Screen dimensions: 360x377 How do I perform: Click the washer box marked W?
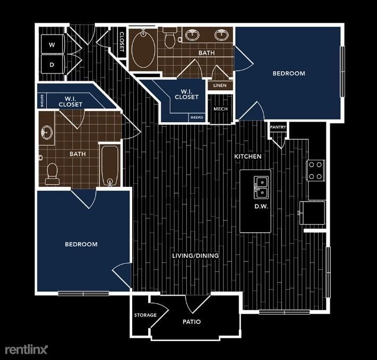[52, 45]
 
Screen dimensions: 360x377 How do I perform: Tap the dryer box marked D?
[52, 64]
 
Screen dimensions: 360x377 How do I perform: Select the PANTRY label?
[278, 127]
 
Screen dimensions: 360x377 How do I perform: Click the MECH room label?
[220, 109]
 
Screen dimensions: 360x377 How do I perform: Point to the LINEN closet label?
[220, 85]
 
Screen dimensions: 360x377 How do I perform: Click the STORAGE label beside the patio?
[145, 315]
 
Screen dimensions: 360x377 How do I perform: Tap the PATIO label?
[191, 322]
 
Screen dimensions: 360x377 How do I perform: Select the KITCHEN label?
[249, 157]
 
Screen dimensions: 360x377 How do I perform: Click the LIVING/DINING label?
[195, 256]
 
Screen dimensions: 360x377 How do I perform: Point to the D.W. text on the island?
[260, 206]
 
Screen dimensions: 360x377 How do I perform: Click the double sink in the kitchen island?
[261, 186]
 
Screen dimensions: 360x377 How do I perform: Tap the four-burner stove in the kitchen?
[315, 170]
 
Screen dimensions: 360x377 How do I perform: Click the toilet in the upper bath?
[170, 39]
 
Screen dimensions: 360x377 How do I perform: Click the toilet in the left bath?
[52, 173]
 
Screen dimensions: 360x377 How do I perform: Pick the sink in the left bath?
[47, 132]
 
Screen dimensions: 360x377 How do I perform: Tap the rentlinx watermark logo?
[26, 349]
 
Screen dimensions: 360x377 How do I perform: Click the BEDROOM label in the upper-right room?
[289, 73]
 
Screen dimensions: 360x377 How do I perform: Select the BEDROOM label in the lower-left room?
[81, 244]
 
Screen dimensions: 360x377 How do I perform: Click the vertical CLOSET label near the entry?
[122, 41]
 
